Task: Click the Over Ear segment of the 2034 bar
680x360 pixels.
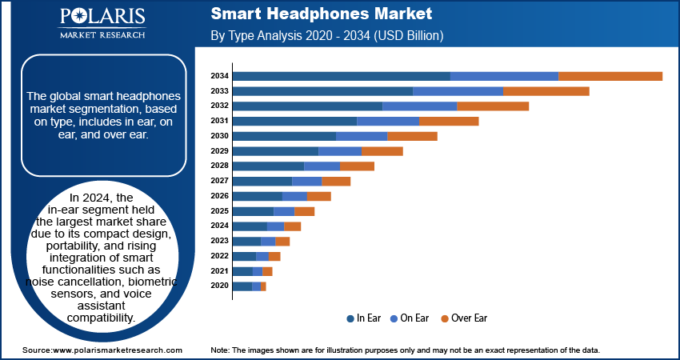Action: [610, 76]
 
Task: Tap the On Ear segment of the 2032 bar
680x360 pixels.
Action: [419, 106]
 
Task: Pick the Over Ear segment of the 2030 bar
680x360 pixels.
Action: [412, 136]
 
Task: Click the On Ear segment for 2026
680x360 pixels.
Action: [294, 196]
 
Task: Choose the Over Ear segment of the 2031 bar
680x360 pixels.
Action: [449, 121]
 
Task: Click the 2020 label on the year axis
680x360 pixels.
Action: [219, 286]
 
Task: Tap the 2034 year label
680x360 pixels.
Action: [219, 76]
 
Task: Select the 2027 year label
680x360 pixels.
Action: [219, 181]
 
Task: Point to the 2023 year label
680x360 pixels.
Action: [219, 241]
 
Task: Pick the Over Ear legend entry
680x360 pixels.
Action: [463, 318]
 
